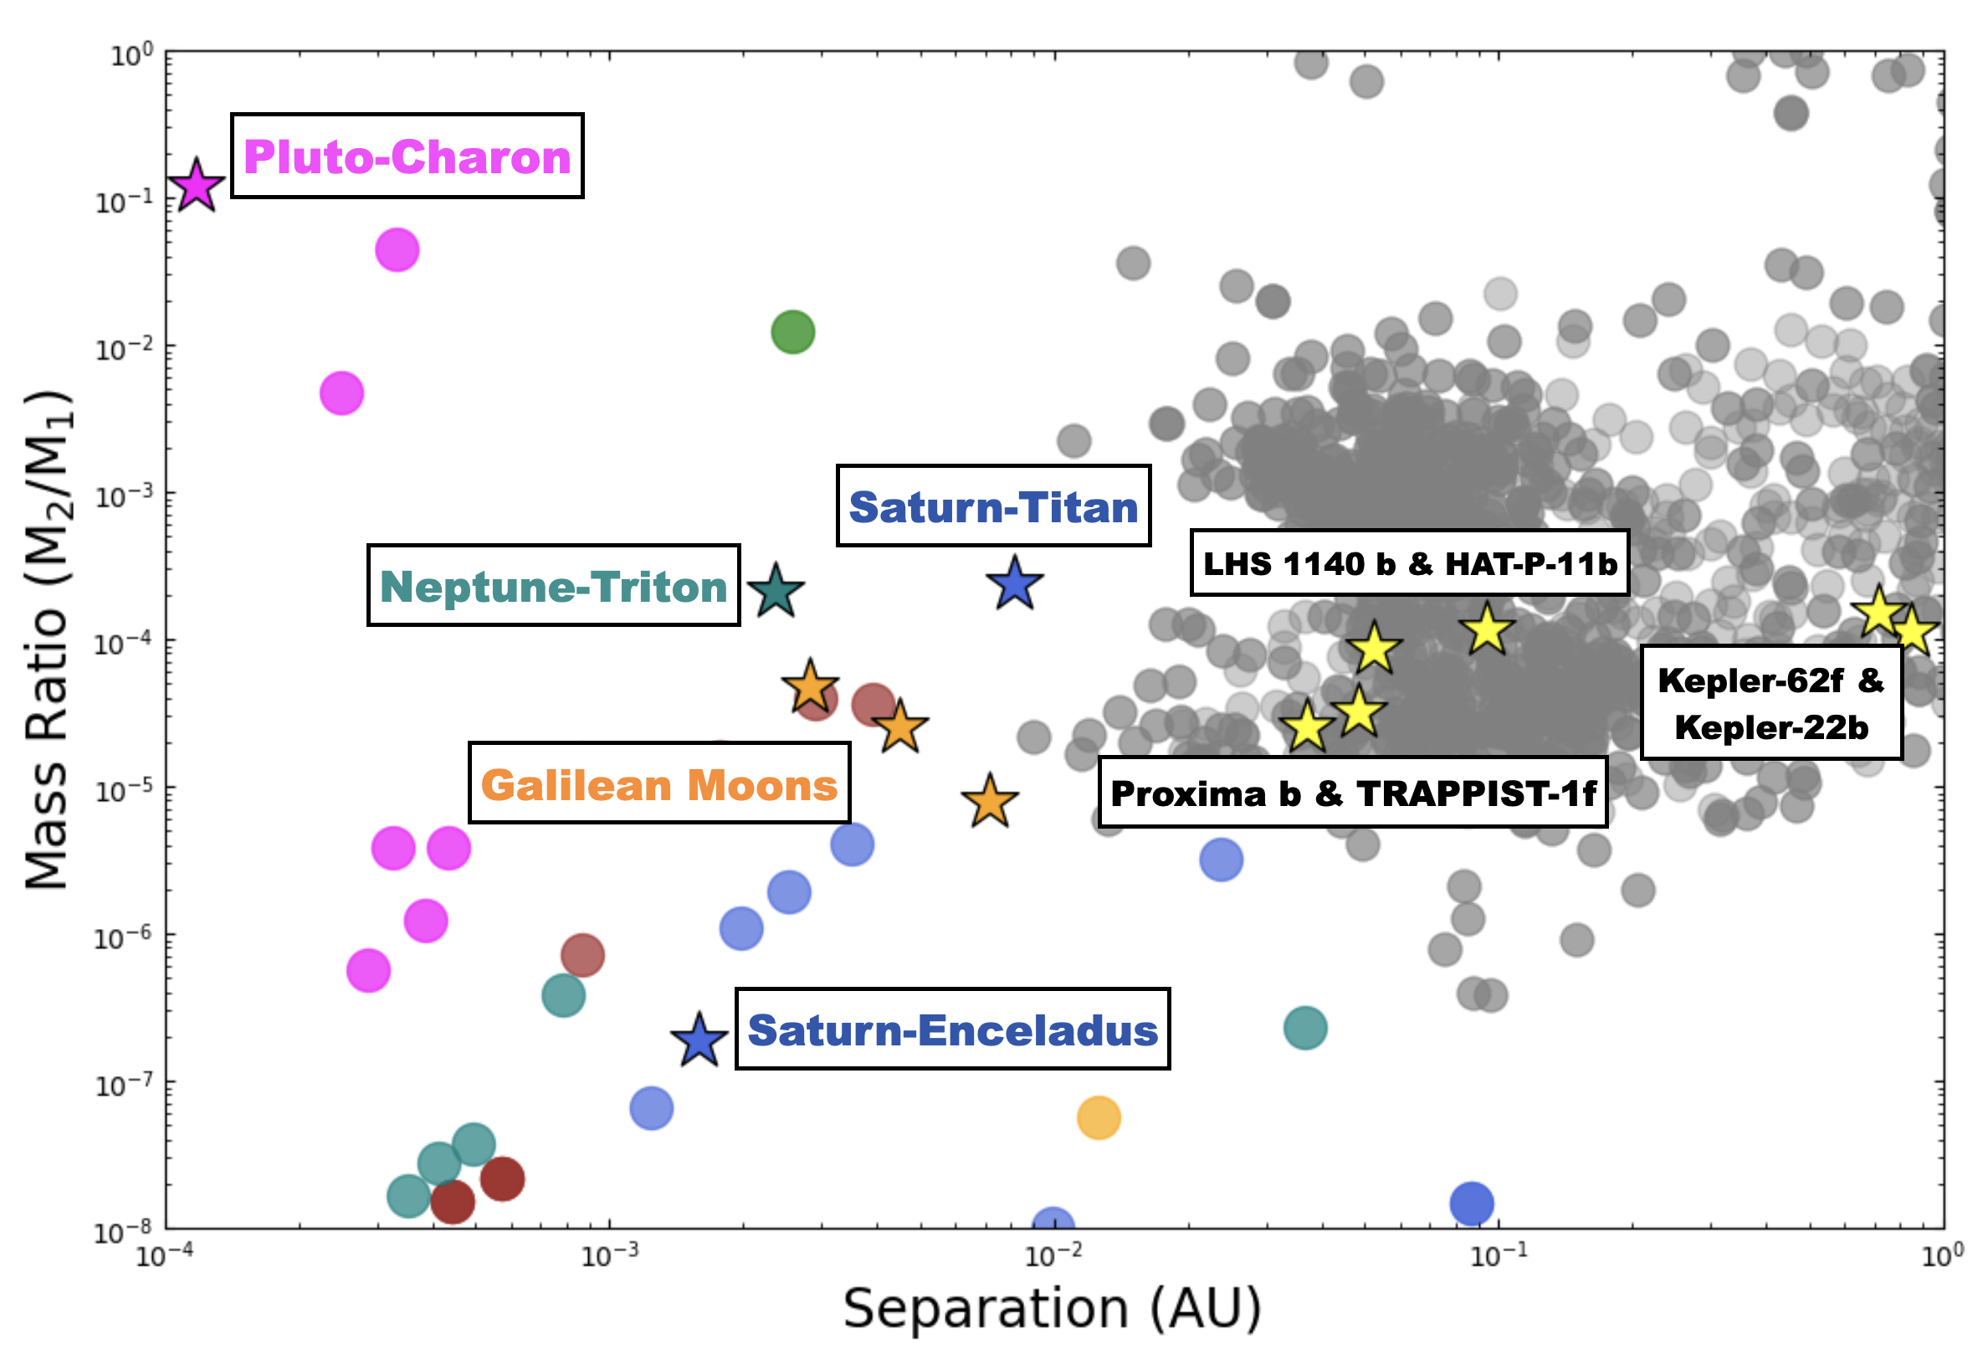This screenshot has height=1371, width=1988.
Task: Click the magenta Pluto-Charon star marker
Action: click(x=196, y=186)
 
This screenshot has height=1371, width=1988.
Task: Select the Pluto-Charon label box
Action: click(x=407, y=157)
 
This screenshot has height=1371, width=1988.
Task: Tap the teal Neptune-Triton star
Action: click(x=776, y=591)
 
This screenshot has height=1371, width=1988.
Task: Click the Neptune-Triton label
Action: click(x=553, y=586)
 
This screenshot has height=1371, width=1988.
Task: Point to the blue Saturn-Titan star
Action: click(x=1014, y=584)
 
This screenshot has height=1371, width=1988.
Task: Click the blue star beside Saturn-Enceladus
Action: click(x=699, y=1040)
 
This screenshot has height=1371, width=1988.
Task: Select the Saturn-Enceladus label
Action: click(x=952, y=1030)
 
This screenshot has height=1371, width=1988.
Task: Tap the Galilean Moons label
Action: click(x=658, y=783)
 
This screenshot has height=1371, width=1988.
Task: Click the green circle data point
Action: click(x=792, y=331)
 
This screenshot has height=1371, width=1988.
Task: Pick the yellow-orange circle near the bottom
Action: click(x=1099, y=1117)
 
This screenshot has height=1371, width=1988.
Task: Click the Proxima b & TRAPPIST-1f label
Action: click(x=1353, y=793)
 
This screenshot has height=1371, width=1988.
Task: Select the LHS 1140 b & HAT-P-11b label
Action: click(x=1409, y=563)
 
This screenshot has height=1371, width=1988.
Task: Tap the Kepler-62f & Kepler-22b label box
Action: click(x=1770, y=703)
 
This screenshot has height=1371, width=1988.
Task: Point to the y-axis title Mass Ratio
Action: click(x=47, y=640)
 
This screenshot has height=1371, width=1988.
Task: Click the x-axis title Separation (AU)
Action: click(x=1052, y=1309)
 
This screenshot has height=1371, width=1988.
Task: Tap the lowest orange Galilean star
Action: click(x=989, y=802)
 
